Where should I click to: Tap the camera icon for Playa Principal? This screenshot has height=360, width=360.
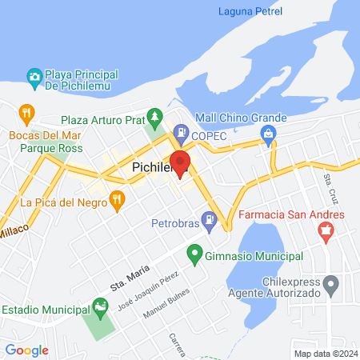(x=34, y=78)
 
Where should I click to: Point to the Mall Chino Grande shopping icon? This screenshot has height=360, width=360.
(x=270, y=133)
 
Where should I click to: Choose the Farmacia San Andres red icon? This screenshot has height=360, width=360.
(x=325, y=232)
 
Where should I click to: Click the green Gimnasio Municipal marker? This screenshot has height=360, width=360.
(x=194, y=255)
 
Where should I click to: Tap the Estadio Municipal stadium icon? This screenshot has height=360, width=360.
(x=99, y=306)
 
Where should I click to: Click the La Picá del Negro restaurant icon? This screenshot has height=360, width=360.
(x=118, y=199)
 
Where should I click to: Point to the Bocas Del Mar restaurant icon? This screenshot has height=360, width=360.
(x=26, y=112)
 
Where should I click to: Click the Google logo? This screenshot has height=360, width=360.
(x=26, y=350)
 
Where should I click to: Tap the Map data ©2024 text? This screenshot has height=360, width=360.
(x=324, y=353)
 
